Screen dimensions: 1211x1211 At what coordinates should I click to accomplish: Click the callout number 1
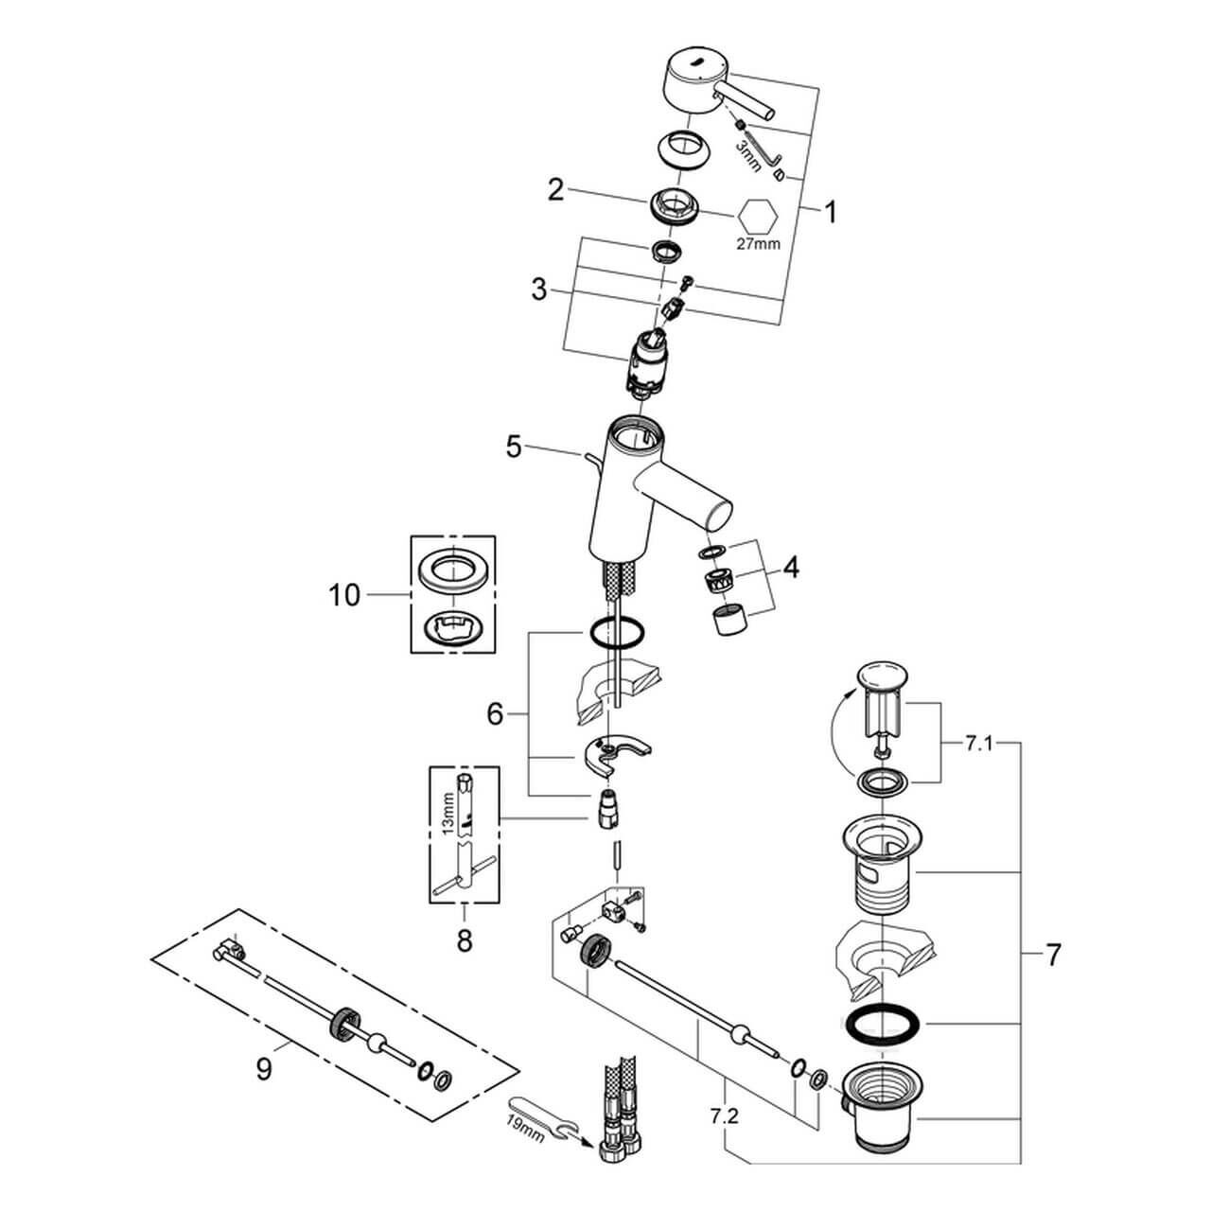(830, 213)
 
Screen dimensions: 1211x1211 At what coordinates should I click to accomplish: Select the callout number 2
(555, 191)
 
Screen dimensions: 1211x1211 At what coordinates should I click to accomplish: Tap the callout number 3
(539, 290)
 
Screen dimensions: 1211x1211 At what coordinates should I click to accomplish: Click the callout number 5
(514, 447)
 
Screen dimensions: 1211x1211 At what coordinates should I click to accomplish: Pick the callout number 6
(495, 714)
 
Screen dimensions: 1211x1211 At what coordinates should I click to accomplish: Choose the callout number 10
(344, 596)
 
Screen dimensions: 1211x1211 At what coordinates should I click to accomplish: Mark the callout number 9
(264, 1069)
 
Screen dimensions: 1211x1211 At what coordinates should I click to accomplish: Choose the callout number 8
(464, 942)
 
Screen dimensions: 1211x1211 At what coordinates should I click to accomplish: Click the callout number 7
(1053, 955)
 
